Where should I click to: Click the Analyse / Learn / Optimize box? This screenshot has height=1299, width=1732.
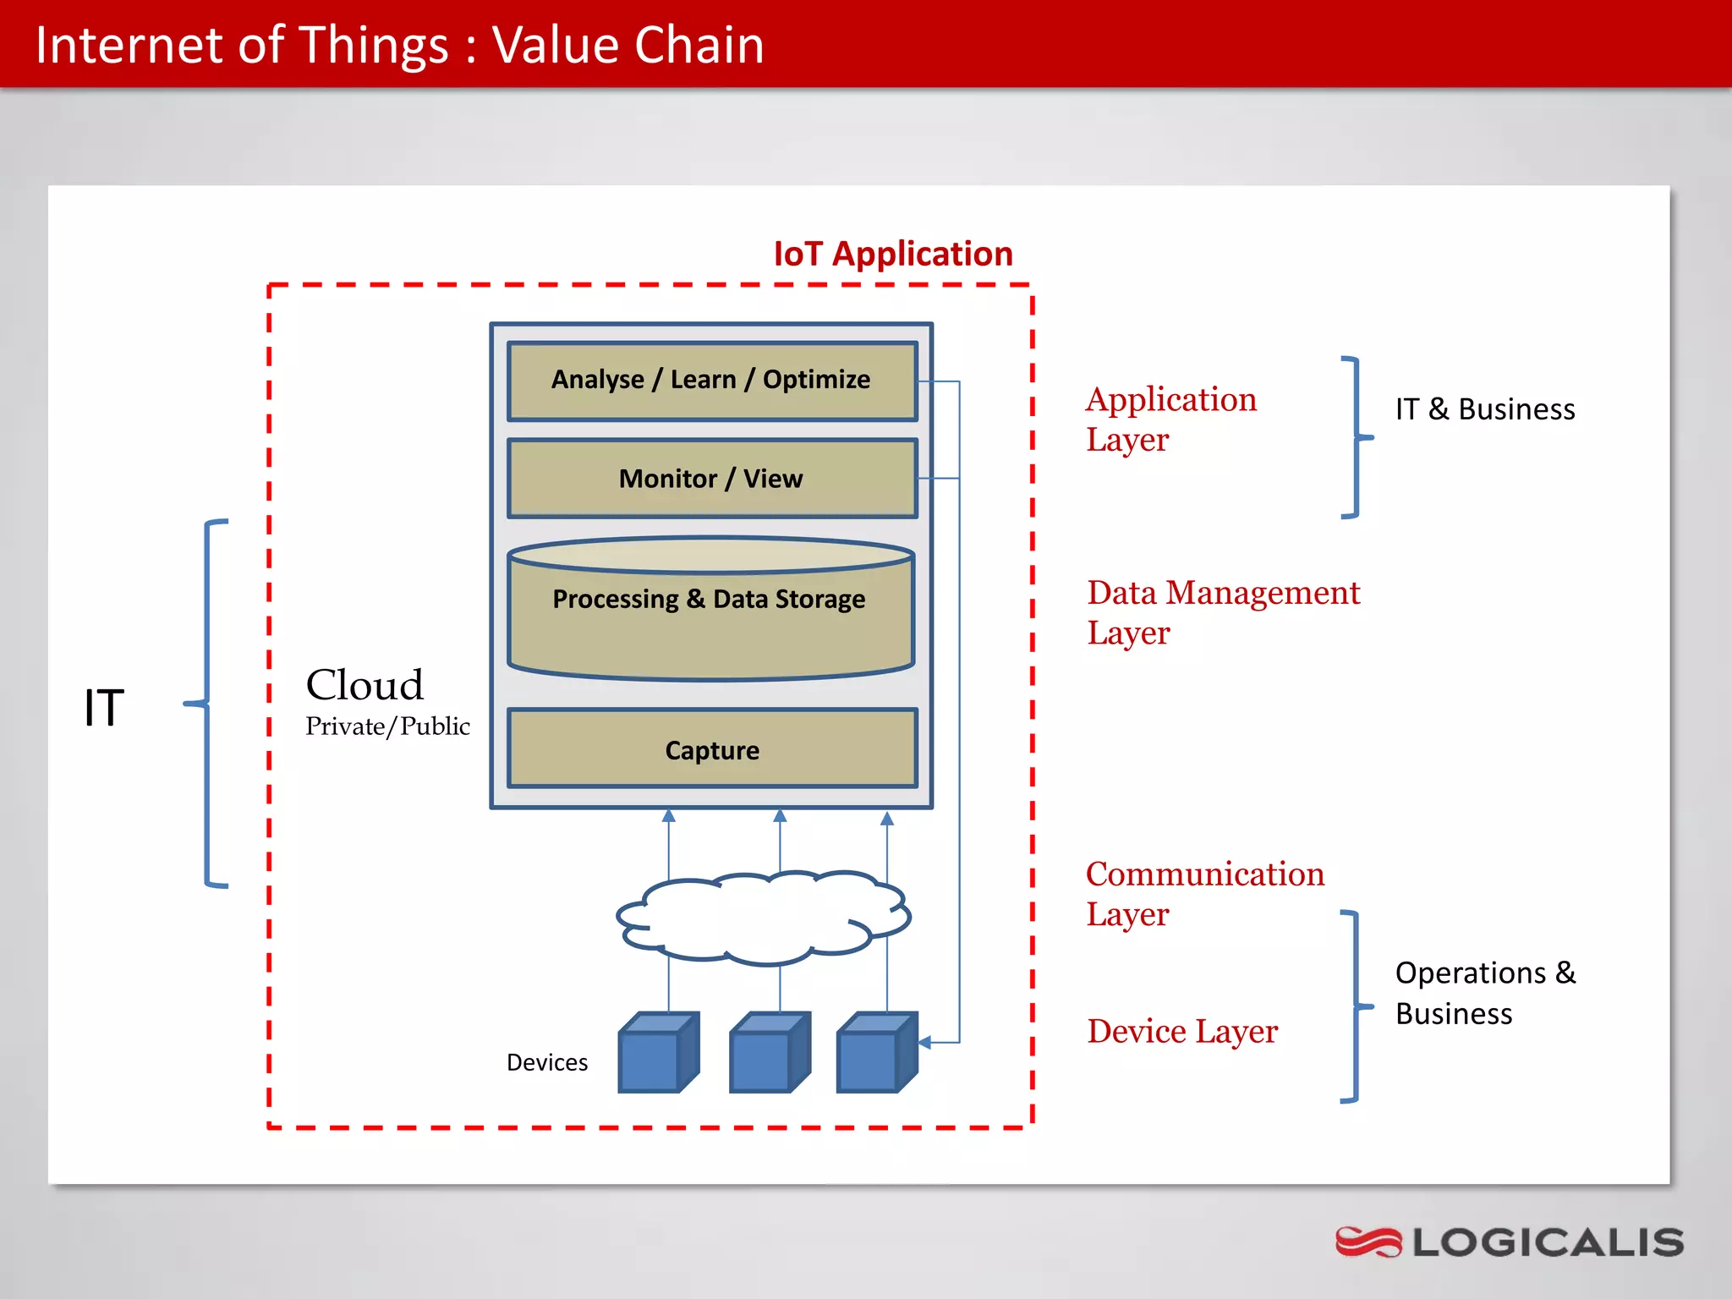(711, 380)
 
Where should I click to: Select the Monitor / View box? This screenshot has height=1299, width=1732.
(711, 479)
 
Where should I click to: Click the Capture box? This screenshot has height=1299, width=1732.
(711, 749)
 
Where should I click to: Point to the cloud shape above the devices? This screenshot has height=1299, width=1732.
(761, 918)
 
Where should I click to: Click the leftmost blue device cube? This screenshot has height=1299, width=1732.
(658, 1053)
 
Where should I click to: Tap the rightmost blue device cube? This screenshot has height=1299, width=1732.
(876, 1053)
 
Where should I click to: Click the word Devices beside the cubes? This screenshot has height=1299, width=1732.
(546, 1062)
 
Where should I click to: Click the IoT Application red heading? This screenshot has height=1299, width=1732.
(892, 254)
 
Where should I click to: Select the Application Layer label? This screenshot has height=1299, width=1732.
(1170, 419)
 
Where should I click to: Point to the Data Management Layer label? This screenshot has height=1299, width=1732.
(1223, 612)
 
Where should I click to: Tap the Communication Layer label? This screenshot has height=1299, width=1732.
(1204, 893)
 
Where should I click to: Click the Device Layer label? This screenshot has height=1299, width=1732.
(1181, 1031)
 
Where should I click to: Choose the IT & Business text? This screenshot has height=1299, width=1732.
(1484, 409)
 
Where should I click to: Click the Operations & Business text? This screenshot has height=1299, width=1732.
(1484, 993)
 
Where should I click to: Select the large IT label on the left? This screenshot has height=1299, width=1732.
(103, 707)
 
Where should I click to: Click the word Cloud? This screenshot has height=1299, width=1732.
(364, 684)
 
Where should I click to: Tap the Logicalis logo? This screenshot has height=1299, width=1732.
(1509, 1242)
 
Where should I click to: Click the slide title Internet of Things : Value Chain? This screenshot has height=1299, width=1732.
(399, 45)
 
